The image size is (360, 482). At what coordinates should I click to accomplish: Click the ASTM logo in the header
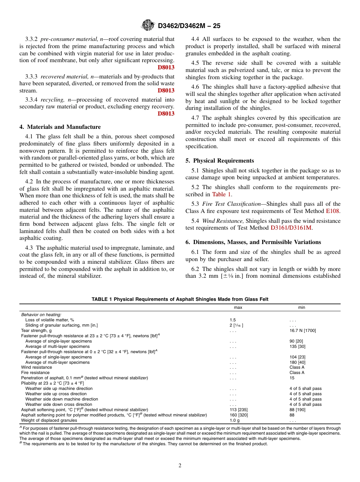148,26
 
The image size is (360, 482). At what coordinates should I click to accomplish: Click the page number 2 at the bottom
180,466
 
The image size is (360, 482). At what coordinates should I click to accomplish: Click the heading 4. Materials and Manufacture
60,127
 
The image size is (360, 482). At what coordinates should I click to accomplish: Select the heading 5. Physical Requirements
220,161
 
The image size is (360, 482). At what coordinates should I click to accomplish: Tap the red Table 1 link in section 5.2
221,194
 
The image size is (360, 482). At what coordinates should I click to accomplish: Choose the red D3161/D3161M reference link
292,228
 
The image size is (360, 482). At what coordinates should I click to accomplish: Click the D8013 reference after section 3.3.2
166,67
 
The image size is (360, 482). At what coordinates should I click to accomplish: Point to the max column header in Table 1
238,307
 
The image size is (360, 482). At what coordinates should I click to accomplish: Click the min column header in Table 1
301,307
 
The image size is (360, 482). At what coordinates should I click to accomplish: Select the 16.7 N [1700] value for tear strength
302,330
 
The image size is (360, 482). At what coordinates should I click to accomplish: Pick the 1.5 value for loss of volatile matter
232,320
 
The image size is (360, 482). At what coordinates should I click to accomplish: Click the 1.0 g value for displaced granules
235,420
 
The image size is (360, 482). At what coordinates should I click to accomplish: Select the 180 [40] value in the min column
297,362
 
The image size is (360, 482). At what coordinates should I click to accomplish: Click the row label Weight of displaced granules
49,420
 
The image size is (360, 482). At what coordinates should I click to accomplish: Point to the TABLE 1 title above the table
180,299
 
